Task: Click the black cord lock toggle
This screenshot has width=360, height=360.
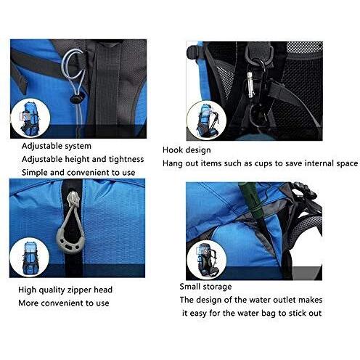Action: pyautogui.click(x=77, y=99)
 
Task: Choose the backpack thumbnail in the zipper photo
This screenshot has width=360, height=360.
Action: pyautogui.click(x=30, y=258)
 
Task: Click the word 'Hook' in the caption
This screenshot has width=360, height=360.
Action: pyautogui.click(x=172, y=150)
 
